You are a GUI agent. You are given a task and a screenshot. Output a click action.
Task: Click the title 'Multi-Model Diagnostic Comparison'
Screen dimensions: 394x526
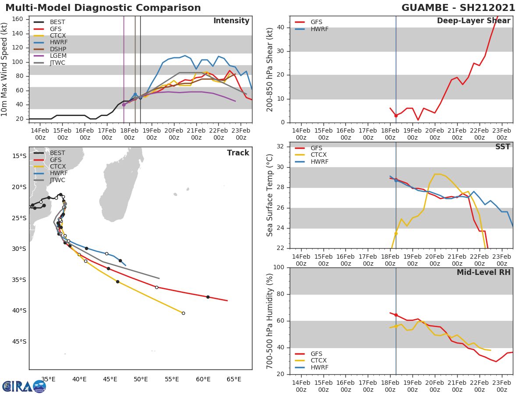tap(103, 8)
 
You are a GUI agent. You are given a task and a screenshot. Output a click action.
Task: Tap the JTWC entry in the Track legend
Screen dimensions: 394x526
tap(57, 180)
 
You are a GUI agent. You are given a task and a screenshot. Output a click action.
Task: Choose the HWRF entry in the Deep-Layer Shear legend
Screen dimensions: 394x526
tap(319, 29)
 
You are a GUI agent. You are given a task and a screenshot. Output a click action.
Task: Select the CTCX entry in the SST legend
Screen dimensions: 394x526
tap(319, 155)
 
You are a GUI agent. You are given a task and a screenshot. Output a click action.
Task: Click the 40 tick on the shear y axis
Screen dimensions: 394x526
tap(281, 28)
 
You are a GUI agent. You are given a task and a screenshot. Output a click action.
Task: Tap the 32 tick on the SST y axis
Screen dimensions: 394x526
tap(281, 147)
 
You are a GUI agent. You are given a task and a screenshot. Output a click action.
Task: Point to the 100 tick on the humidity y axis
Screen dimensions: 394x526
tap(279, 267)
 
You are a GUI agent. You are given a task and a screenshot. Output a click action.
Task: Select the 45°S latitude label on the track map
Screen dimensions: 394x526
tap(19, 341)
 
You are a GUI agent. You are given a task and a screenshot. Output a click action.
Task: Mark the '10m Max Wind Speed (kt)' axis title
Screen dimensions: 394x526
tap(5, 70)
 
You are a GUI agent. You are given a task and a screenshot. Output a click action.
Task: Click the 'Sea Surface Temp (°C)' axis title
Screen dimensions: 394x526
tap(270, 195)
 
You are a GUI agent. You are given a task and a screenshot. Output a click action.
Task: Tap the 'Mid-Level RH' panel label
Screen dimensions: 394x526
tap(483, 273)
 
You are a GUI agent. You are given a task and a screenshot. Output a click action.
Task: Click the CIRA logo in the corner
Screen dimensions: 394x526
tap(24, 386)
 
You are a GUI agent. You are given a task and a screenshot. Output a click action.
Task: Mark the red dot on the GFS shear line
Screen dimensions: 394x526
tap(396, 116)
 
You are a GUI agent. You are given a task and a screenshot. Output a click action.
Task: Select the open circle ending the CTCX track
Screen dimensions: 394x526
tap(183, 313)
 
